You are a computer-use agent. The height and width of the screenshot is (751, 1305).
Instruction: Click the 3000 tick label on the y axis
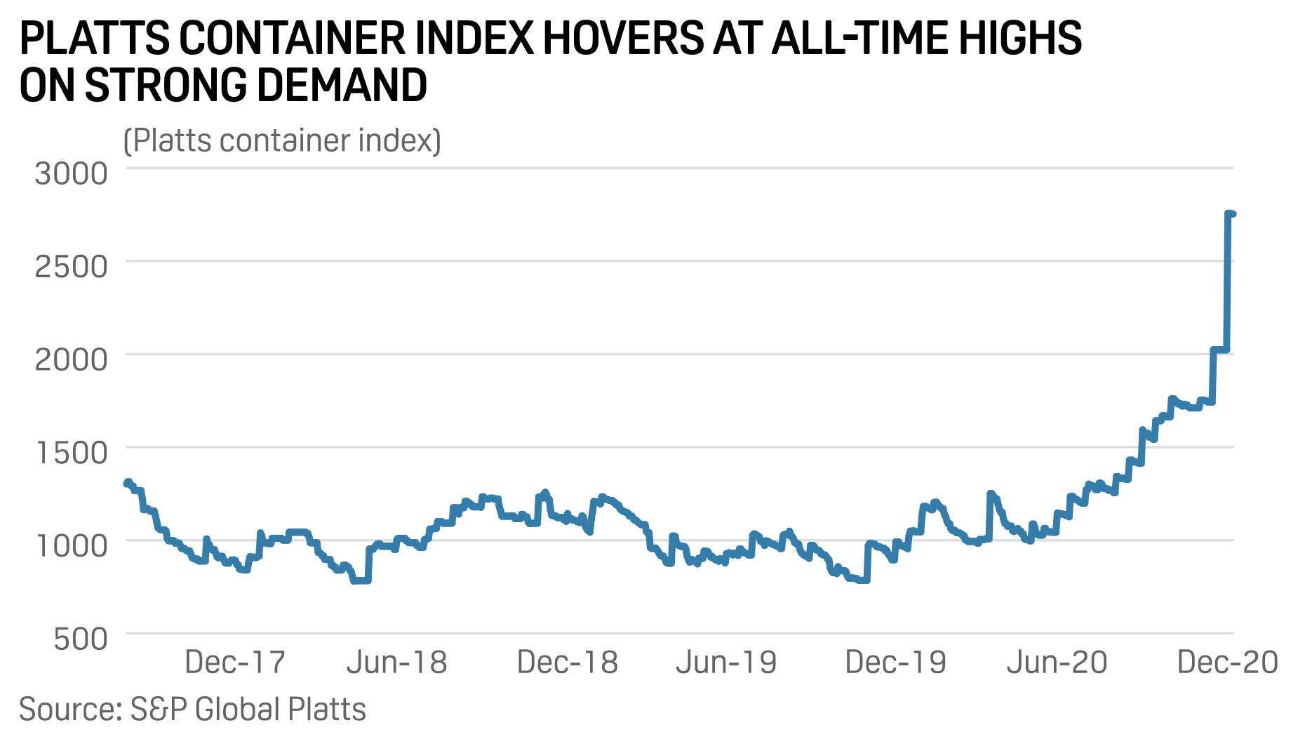(x=71, y=173)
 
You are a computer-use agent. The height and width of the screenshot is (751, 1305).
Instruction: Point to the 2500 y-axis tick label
(x=71, y=266)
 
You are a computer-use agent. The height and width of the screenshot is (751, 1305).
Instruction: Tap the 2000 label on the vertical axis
(x=71, y=359)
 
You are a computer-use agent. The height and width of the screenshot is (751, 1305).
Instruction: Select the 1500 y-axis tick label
(x=71, y=453)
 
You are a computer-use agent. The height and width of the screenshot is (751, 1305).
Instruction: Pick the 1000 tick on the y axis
(x=71, y=545)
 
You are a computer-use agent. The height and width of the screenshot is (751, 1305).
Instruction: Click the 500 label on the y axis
(x=81, y=639)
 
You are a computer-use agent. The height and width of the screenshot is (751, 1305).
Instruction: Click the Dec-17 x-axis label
(x=235, y=663)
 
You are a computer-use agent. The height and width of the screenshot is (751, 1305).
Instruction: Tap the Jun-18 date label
(x=396, y=663)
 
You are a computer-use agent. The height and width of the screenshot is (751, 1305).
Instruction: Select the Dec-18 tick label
(x=567, y=663)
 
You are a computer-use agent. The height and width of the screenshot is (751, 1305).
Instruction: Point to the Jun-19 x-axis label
(x=726, y=663)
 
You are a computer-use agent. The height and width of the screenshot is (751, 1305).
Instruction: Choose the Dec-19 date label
(x=895, y=663)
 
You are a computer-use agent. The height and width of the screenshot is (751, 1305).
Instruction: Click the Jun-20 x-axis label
(x=1057, y=663)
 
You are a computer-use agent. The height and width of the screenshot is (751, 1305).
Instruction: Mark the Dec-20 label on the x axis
(x=1227, y=663)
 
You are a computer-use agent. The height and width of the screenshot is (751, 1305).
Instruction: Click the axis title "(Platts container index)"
(x=282, y=141)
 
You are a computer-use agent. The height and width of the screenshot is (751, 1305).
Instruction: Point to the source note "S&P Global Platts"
(x=248, y=710)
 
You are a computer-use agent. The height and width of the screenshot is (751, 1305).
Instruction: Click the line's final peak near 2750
(x=1231, y=213)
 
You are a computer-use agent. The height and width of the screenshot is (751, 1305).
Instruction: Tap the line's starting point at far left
(x=127, y=483)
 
